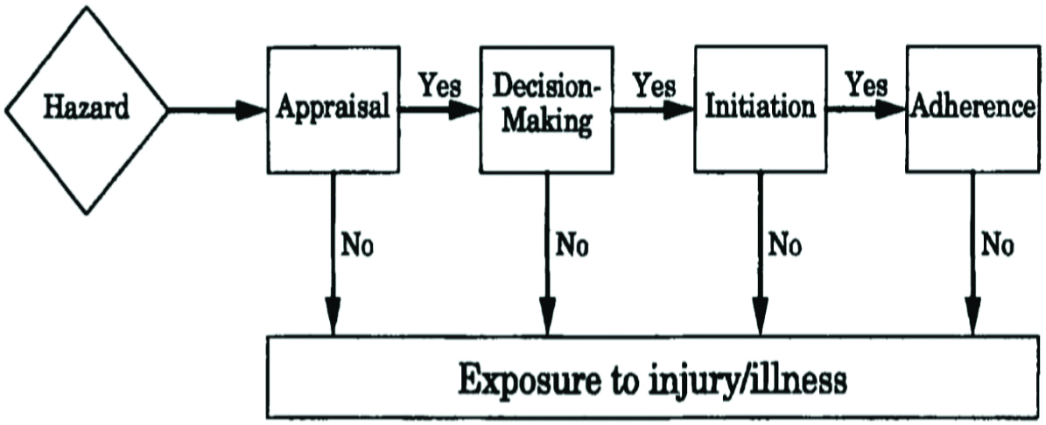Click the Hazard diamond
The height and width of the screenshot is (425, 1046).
click(x=86, y=109)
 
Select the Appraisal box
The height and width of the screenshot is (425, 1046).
click(x=332, y=108)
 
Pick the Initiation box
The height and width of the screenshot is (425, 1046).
click(x=760, y=108)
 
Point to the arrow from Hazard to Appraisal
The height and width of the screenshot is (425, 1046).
click(x=214, y=110)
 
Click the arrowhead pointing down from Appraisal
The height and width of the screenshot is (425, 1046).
click(x=333, y=317)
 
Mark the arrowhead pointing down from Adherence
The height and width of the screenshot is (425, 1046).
click(x=972, y=317)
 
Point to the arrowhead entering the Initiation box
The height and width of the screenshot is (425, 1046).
click(x=682, y=110)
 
